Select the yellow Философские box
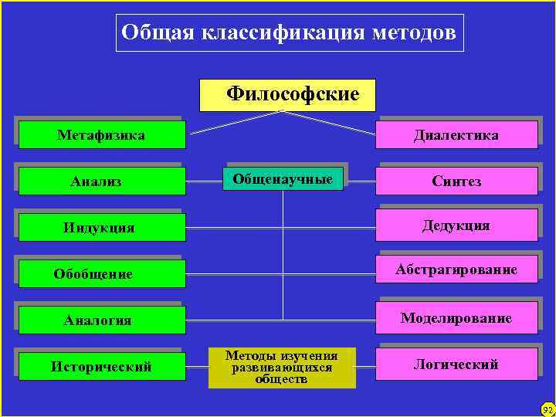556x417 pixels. pyautogui.click(x=287, y=95)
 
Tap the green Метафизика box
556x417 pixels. pyautogui.click(x=102, y=135)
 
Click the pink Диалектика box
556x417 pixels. pyautogui.click(x=456, y=135)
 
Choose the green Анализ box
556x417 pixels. pyautogui.click(x=102, y=181)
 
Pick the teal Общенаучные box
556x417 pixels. pyautogui.click(x=283, y=180)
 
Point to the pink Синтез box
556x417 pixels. pyautogui.click(x=456, y=181)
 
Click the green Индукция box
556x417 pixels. pyautogui.click(x=102, y=228)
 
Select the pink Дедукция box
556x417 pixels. pyautogui.click(x=456, y=226)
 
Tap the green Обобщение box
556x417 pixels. pyautogui.click(x=102, y=274)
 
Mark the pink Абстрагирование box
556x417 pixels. pyautogui.click(x=456, y=270)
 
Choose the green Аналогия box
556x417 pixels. pyautogui.click(x=102, y=320)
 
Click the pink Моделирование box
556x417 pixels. pyautogui.click(x=456, y=318)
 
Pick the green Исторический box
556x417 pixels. pyautogui.click(x=102, y=366)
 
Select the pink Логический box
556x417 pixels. pyautogui.click(x=456, y=364)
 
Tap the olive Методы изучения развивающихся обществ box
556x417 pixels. pyautogui.click(x=282, y=367)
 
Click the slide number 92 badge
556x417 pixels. pyautogui.click(x=548, y=409)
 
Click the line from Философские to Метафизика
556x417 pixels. pyautogui.click(x=236, y=124)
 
